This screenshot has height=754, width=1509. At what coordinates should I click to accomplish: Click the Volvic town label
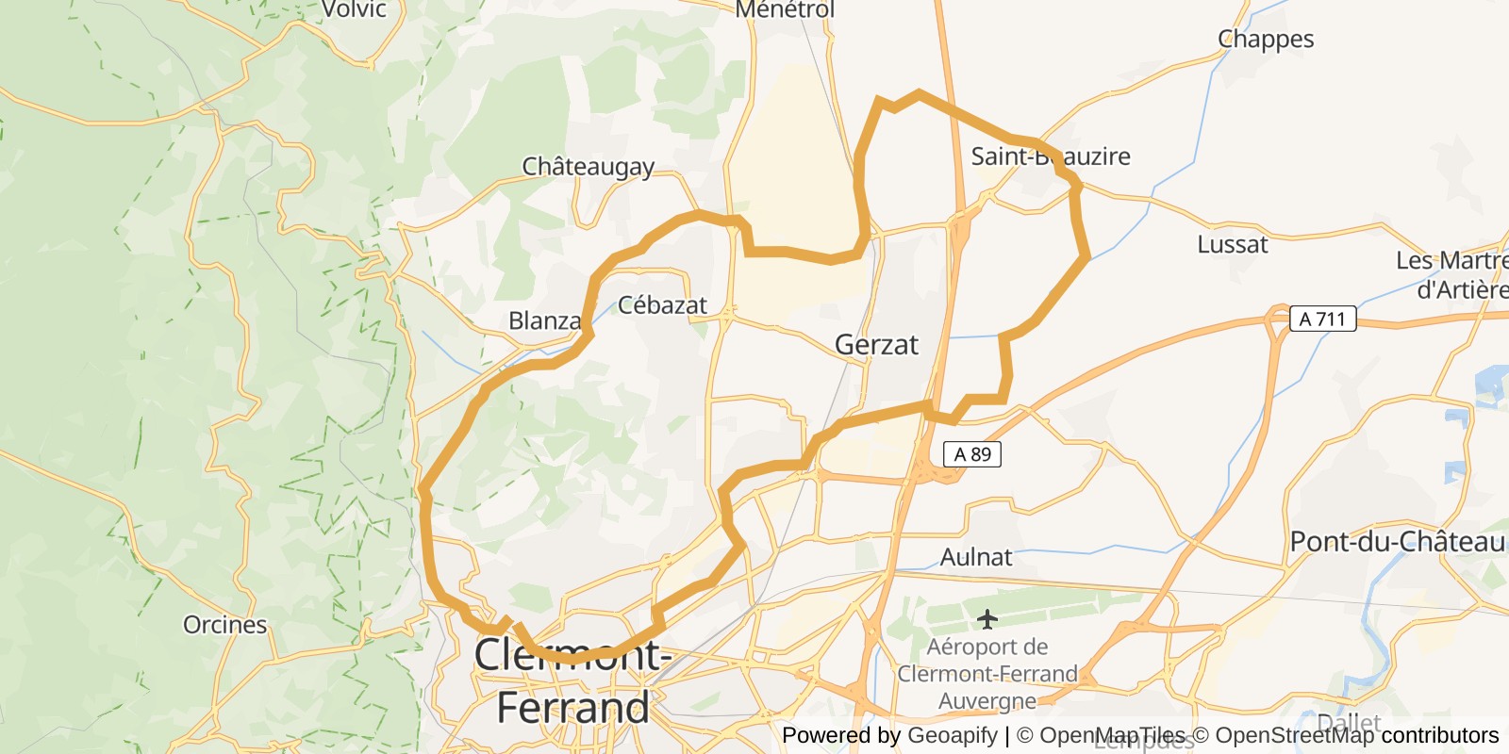[x=354, y=9]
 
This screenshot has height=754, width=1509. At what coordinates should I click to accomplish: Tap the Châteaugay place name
[x=589, y=167]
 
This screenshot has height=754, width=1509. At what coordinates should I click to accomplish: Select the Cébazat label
[x=662, y=305]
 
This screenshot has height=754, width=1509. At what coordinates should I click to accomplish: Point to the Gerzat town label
[x=876, y=345]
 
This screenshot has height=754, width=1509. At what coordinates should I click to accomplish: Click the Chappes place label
[x=1266, y=40]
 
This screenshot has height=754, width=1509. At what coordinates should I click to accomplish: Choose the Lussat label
[x=1233, y=245]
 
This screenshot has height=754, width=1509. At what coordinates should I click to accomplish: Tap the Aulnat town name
[x=976, y=557]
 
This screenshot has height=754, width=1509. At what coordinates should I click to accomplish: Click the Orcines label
[x=225, y=625]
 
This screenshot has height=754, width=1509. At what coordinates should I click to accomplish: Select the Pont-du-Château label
[x=1398, y=542]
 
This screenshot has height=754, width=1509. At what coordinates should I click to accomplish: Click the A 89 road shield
[x=972, y=454]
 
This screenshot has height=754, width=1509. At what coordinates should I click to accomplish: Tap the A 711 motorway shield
[x=1322, y=319]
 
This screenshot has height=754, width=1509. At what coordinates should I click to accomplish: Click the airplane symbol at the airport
[x=987, y=619]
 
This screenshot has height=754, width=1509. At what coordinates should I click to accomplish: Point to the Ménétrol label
[x=785, y=9]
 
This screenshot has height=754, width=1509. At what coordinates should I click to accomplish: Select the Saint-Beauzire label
[x=1051, y=156]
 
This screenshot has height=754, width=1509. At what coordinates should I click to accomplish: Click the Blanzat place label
[x=545, y=321]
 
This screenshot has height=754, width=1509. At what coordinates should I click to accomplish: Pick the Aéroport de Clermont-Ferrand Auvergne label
[x=987, y=674]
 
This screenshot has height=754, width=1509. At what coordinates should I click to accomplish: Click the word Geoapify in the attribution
[x=952, y=735]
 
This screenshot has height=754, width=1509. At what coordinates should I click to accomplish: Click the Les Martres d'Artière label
[x=1452, y=275]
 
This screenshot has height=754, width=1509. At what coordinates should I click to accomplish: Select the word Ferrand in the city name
[x=572, y=708]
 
